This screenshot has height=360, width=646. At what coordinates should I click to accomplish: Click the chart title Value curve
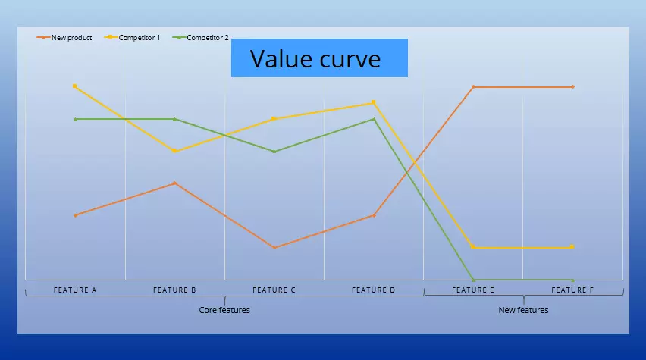pyautogui.click(x=315, y=59)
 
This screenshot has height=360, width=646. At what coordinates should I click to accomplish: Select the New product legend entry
pyautogui.click(x=64, y=37)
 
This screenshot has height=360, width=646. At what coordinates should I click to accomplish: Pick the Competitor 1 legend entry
pyautogui.click(x=132, y=37)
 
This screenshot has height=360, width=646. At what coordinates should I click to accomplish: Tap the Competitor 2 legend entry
pyautogui.click(x=201, y=37)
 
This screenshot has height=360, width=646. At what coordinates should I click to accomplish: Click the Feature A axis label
pyautogui.click(x=75, y=290)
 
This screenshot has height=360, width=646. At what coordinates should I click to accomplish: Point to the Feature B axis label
pyautogui.click(x=174, y=290)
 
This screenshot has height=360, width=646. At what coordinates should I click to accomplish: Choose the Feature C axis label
pyautogui.click(x=274, y=290)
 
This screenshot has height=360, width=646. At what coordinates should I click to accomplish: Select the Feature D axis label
pyautogui.click(x=373, y=290)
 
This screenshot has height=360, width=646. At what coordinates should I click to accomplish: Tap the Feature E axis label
pyautogui.click(x=473, y=290)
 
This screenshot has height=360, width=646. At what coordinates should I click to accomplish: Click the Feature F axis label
pyautogui.click(x=572, y=290)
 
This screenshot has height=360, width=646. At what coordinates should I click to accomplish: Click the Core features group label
pyautogui.click(x=224, y=310)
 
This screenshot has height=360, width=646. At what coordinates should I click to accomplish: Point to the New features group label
pyautogui.click(x=523, y=310)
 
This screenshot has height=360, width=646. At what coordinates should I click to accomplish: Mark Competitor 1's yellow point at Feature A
pyautogui.click(x=74, y=86)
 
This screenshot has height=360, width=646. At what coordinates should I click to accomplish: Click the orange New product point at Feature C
pyautogui.click(x=274, y=247)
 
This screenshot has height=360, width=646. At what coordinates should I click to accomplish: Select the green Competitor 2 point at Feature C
pyautogui.click(x=274, y=151)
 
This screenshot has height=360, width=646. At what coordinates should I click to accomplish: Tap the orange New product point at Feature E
pyautogui.click(x=473, y=87)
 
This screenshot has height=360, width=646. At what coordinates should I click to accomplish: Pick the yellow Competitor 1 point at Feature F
pyautogui.click(x=572, y=247)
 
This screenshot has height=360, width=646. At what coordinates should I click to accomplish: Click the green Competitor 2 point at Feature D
pyautogui.click(x=374, y=119)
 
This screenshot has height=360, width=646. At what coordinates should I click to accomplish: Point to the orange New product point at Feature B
pyautogui.click(x=174, y=183)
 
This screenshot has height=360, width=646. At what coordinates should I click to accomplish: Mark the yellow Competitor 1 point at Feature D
pyautogui.click(x=373, y=102)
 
